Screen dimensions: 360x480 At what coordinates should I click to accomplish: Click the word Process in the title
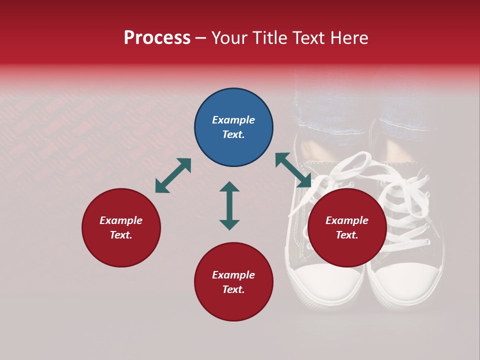point(157,38)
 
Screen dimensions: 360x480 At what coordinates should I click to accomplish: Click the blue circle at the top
point(233,127)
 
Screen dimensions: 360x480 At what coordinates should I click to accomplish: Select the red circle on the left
point(121,228)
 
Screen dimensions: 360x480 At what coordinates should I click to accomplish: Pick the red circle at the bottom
point(233,282)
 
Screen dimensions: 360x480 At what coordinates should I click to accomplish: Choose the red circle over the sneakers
point(347,228)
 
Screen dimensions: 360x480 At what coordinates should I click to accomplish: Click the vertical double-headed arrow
point(229,205)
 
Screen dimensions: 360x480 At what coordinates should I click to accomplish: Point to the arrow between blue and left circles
point(173,175)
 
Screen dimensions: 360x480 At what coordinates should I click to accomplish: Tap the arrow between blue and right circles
point(293,170)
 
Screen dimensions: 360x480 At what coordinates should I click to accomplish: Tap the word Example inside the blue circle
point(233,120)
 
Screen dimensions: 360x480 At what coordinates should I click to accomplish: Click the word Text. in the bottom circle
point(233,289)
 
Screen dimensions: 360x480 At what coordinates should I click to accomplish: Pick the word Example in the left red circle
point(121,220)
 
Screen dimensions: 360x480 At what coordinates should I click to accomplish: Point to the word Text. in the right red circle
point(347,235)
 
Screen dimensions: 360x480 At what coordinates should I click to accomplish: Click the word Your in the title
point(229,38)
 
